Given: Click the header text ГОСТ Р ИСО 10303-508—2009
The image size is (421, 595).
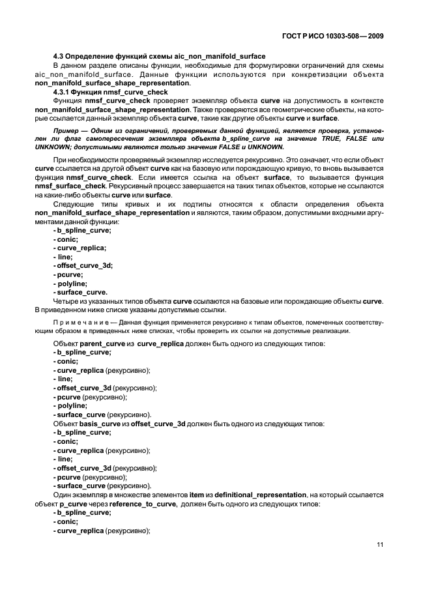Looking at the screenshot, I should coord(332,37).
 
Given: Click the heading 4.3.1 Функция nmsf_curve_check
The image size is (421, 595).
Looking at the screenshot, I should coord(110,92).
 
